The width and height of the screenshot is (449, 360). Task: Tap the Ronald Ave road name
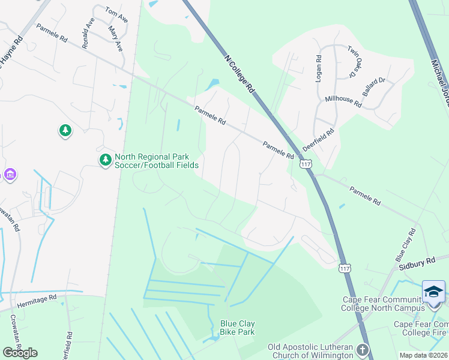pos(89,32)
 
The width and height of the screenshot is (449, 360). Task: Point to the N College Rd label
pos(240,73)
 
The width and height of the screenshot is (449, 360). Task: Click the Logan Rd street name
pos(319,68)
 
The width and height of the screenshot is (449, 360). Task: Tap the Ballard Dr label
pos(374,85)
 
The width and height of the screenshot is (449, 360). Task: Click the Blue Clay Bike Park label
pos(237,328)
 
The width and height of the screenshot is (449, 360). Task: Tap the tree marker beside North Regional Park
pos(106,160)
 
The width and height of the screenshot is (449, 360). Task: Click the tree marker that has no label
pos(65,130)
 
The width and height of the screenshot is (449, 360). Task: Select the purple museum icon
pos(10,175)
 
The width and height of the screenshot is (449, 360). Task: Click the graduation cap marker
pos(433,292)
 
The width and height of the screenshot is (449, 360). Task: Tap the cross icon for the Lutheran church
pos(363,349)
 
